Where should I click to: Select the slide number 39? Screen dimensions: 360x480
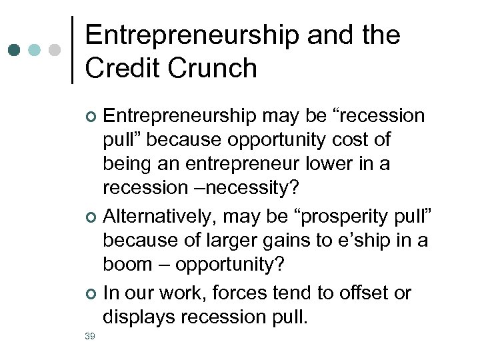click(90, 336)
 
